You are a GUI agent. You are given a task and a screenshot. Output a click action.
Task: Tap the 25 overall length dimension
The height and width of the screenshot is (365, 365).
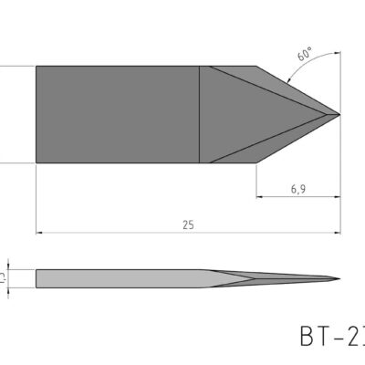(188, 224)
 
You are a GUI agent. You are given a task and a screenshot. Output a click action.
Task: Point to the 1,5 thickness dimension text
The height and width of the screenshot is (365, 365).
(6, 276)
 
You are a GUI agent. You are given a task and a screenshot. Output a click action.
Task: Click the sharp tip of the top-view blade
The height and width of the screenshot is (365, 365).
(339, 114)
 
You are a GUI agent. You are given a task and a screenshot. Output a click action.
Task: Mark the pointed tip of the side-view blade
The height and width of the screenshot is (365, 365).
(339, 277)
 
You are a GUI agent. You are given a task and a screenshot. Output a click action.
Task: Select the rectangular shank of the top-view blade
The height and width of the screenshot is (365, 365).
(117, 114)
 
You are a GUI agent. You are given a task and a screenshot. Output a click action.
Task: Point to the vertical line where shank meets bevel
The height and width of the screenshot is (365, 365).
(200, 114)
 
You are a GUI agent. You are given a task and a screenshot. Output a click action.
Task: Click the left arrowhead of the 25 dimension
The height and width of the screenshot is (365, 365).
(39, 232)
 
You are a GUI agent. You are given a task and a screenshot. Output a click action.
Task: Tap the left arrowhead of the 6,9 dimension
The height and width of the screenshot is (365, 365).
(259, 195)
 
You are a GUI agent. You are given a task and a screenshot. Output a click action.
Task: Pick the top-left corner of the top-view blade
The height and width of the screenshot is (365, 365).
(36, 66)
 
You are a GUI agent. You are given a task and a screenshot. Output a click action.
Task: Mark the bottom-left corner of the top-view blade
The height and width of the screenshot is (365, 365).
(36, 162)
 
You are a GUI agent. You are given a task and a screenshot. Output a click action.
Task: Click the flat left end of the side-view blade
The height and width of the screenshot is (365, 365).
(36, 277)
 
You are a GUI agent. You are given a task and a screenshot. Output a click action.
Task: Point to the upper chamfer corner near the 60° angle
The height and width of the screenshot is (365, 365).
(255, 66)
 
